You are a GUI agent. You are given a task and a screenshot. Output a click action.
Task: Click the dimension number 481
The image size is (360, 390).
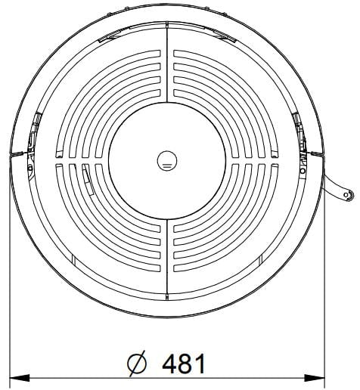click(183, 364)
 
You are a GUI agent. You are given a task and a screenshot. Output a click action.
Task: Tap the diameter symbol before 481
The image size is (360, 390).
click(137, 364)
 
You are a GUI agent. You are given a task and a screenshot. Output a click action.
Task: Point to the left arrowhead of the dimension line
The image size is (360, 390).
click(20, 378)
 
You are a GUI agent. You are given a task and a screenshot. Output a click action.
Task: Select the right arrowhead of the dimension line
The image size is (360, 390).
click(315, 378)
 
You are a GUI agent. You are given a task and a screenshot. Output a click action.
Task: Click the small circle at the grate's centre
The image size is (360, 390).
click(167, 161)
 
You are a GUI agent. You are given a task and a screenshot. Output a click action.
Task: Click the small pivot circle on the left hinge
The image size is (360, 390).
click(30, 167)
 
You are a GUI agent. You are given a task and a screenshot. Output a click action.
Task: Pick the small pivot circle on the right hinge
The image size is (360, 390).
click(303, 171)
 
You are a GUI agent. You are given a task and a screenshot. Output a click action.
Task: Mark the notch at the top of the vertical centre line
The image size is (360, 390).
click(167, 24)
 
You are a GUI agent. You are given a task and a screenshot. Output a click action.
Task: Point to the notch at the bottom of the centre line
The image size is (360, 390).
click(167, 296)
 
